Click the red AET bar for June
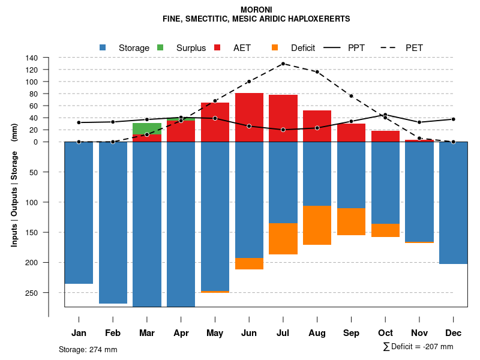point(249,117)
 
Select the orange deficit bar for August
point(317,225)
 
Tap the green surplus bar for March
point(147,128)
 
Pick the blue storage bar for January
point(79,213)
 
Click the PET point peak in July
point(283,64)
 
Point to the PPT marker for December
point(454,119)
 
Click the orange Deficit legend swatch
point(275,47)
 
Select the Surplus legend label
point(191,48)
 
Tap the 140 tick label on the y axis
point(32,58)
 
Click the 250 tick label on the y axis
point(32,293)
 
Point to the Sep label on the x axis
point(351,333)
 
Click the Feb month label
point(113,333)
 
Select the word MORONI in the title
point(256,10)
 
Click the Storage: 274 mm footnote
point(88,349)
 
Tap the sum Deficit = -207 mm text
point(418,347)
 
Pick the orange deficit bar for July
point(283,239)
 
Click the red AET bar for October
point(385,136)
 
